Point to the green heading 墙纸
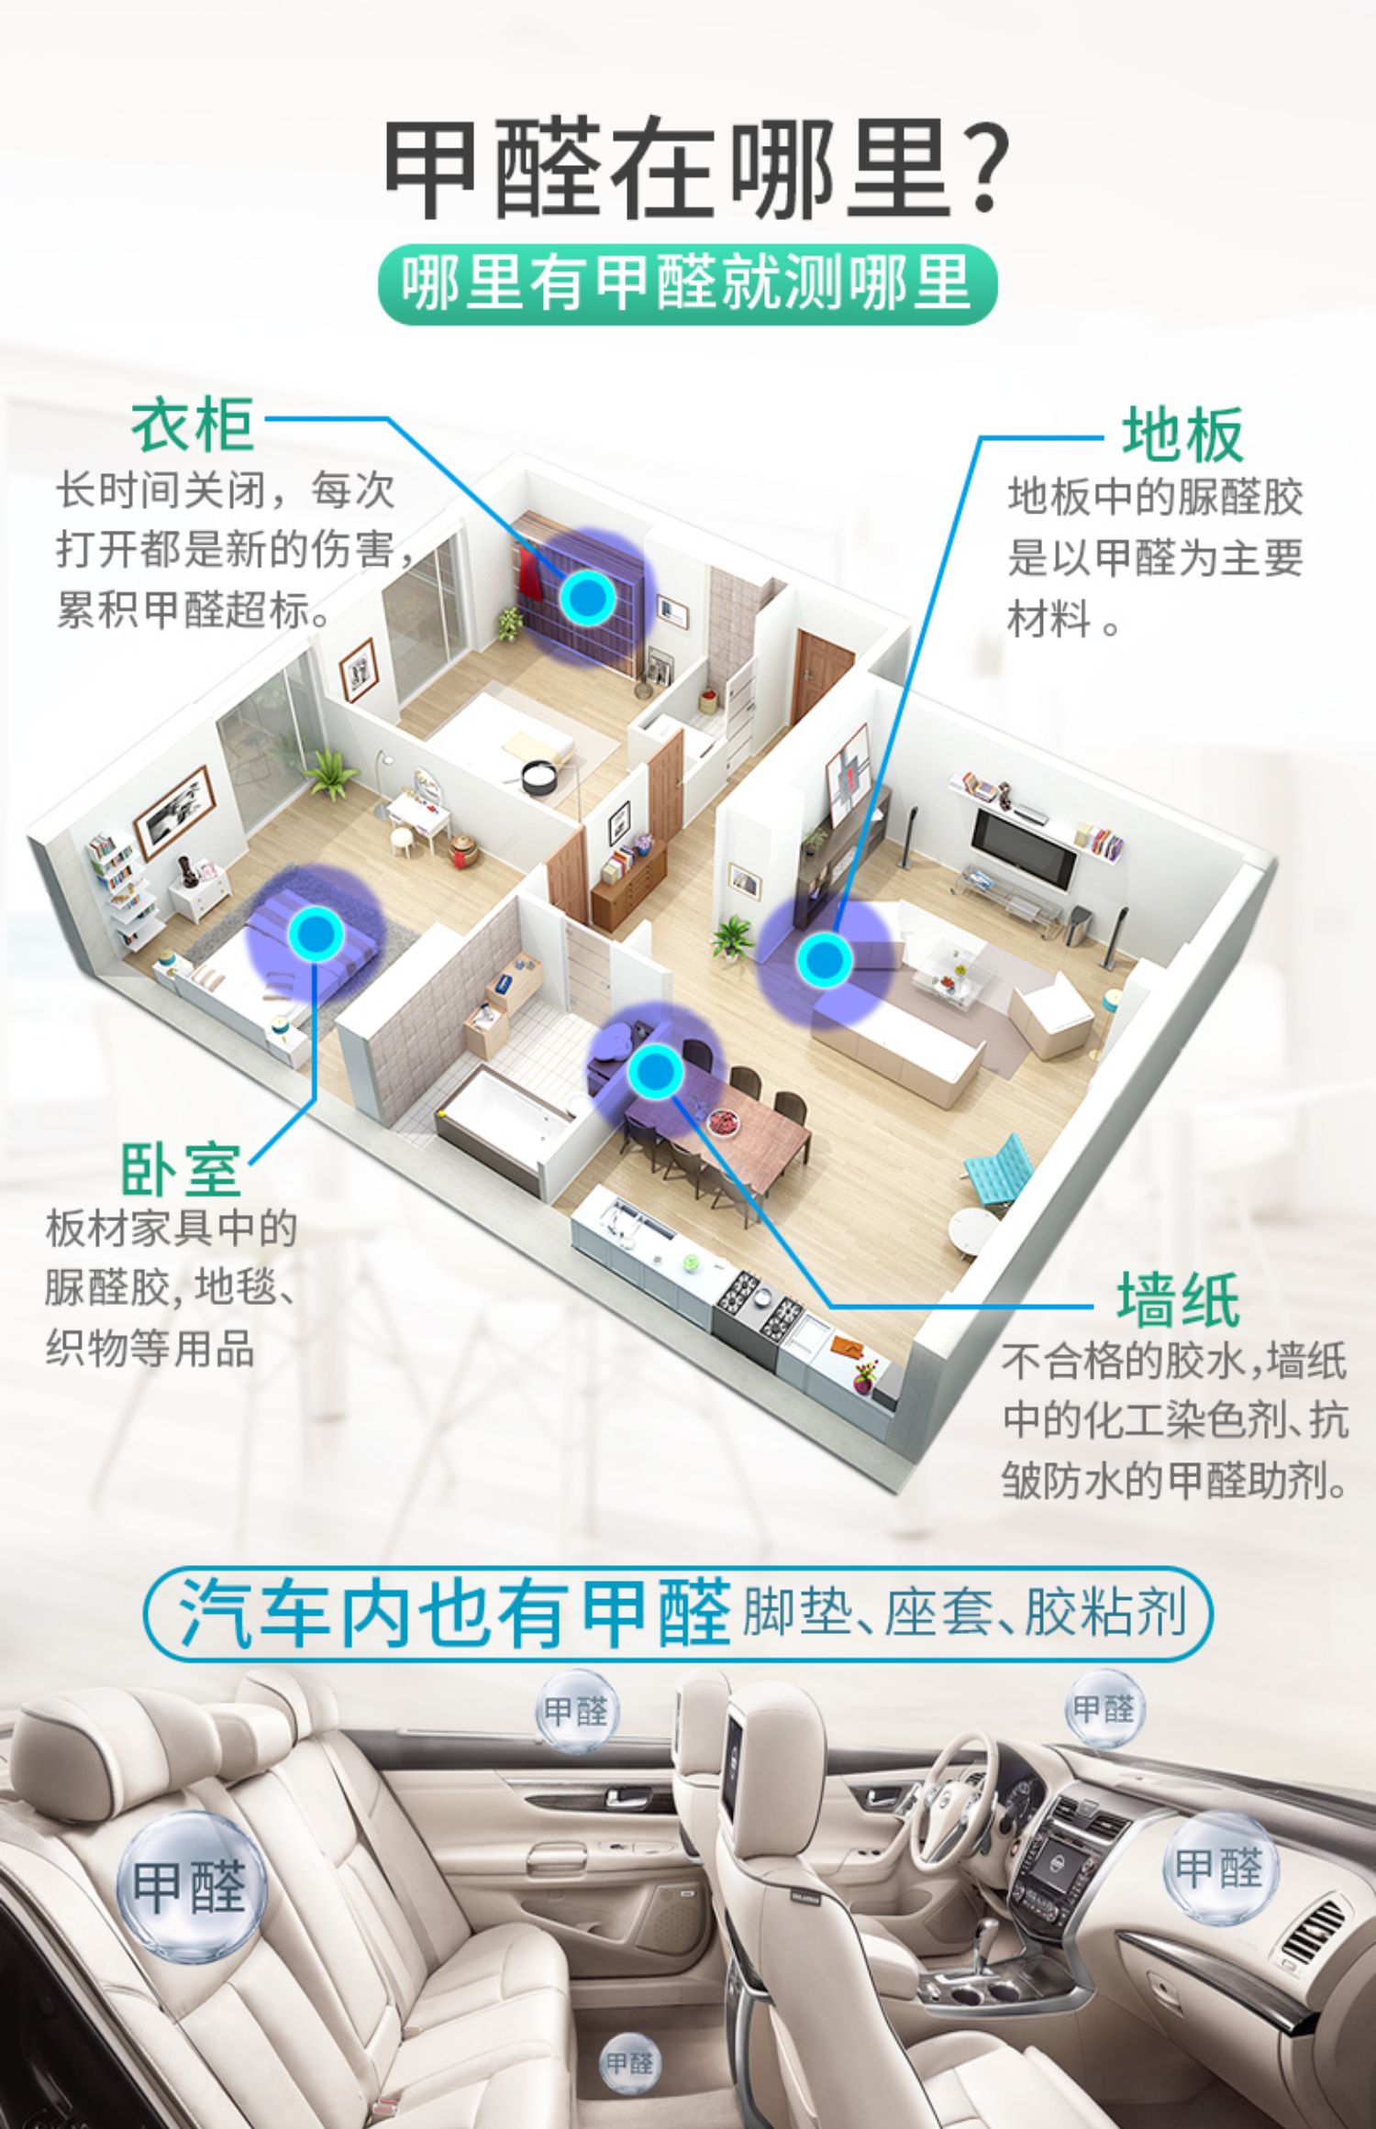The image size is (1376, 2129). click(x=1178, y=1300)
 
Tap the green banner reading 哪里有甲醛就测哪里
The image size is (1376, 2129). click(x=687, y=284)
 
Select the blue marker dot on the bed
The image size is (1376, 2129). click(x=316, y=932)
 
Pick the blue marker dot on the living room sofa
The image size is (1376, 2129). click(x=824, y=959)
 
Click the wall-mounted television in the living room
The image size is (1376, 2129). click(x=1024, y=846)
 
